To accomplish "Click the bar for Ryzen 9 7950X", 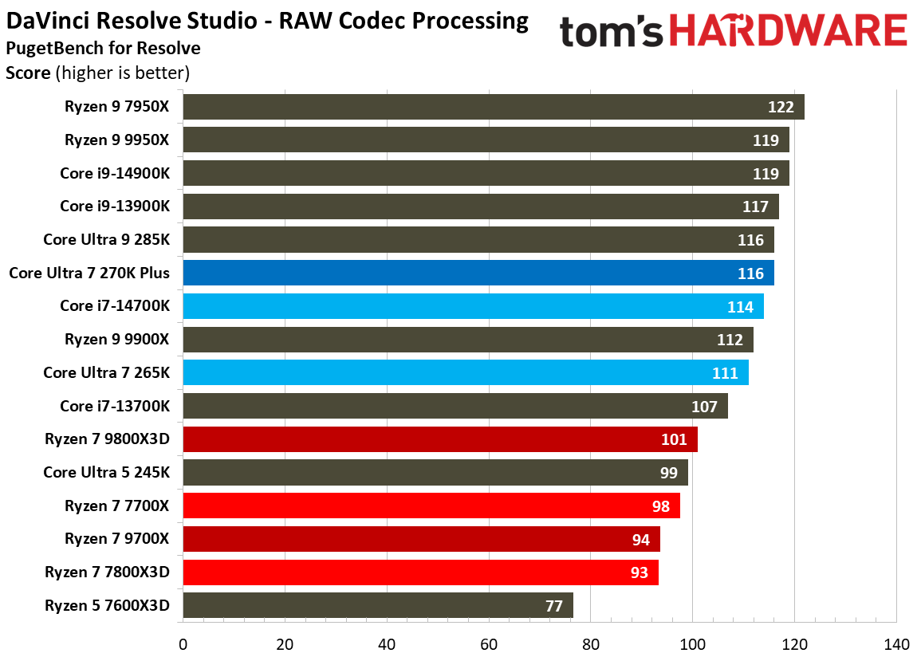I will tap(493, 107).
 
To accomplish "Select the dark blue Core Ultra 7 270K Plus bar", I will tap(478, 273).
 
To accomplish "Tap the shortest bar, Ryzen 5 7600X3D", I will tap(377, 605).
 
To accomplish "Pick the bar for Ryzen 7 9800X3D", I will tap(439, 439).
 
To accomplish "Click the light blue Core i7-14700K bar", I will tap(473, 306).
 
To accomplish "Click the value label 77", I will tap(555, 606).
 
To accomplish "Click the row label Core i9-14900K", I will tap(115, 173).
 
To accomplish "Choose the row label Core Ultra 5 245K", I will tap(106, 472).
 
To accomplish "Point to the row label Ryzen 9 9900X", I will tap(117, 339).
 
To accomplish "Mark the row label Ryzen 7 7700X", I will tap(117, 505).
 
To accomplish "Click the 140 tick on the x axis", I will tap(896, 643).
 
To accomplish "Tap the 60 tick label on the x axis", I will tap(489, 643).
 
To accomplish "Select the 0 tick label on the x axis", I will tap(183, 643).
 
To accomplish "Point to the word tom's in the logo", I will tap(612, 32).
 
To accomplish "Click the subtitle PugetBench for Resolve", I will tap(103, 48).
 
